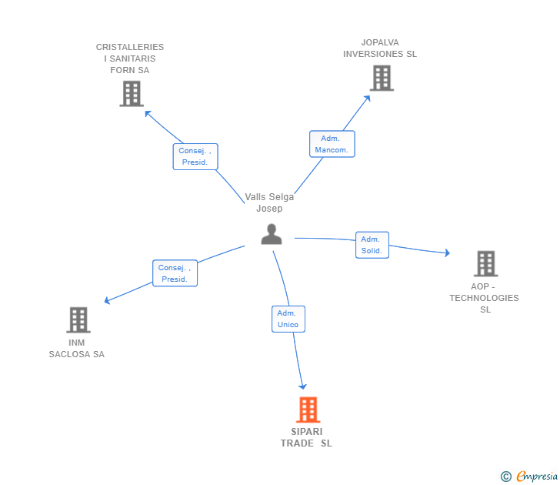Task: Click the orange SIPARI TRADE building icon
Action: [308, 410]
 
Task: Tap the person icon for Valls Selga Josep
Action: [272, 234]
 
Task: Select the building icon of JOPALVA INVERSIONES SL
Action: [381, 78]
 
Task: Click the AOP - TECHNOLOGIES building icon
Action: [485, 263]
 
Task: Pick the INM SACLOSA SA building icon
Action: [78, 319]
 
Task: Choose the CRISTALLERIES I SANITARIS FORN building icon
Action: [132, 93]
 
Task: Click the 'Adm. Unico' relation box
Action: [288, 319]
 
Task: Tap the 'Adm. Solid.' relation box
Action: [372, 245]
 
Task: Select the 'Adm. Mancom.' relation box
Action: [332, 144]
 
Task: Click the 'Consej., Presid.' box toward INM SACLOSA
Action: [175, 273]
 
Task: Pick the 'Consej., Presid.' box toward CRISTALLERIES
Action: [195, 156]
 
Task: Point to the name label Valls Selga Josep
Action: [269, 202]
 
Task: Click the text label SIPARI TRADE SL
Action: [306, 437]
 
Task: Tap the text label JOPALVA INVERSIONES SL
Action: [380, 48]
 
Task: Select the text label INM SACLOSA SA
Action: [76, 349]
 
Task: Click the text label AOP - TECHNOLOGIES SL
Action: [485, 298]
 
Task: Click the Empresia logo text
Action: [536, 476]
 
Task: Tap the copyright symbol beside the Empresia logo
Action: [505, 477]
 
